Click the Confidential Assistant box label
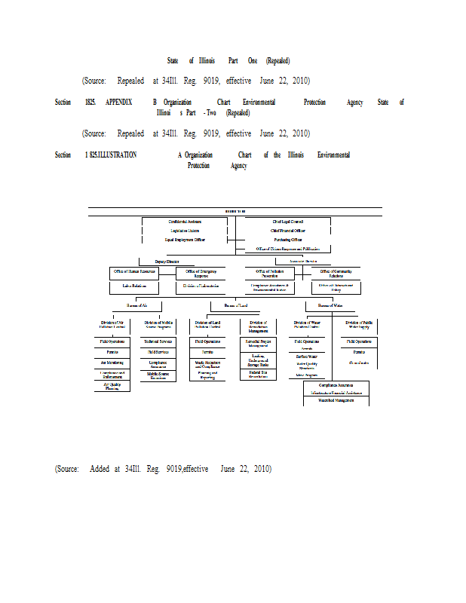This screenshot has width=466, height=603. [x=185, y=221]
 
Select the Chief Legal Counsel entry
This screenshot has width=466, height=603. [x=288, y=221]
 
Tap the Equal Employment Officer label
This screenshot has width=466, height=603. [x=185, y=239]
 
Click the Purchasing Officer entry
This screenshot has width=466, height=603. [x=288, y=239]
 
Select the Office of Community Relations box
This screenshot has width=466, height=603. [x=336, y=273]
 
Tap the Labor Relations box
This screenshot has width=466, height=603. [x=134, y=286]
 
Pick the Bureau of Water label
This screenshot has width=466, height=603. [x=330, y=305]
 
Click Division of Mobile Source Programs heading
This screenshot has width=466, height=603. [x=158, y=325]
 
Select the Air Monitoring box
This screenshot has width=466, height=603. [x=112, y=362]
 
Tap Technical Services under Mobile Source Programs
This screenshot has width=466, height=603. [x=158, y=341]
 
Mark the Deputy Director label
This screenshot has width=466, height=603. [x=167, y=261]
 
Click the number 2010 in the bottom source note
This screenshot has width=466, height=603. [x=262, y=469]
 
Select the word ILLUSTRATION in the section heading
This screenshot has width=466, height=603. [x=113, y=155]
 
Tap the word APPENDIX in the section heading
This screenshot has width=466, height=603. [x=119, y=102]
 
